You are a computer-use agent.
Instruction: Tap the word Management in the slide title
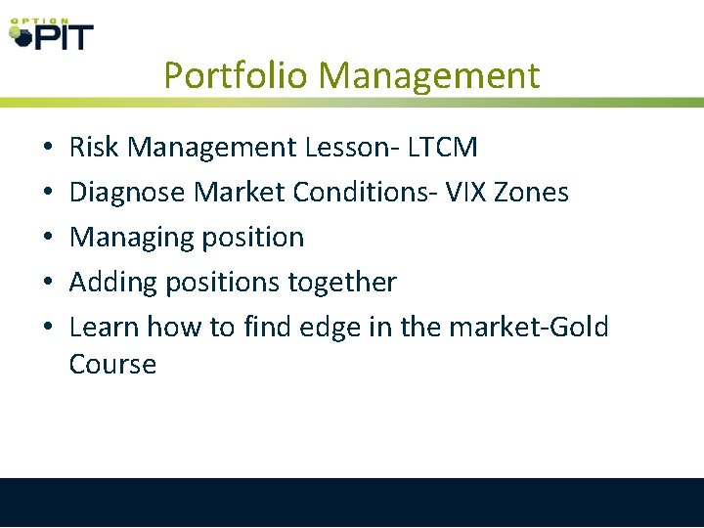[429, 75]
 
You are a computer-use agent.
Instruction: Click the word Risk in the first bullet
[94, 148]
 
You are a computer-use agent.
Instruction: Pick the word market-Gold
[528, 328]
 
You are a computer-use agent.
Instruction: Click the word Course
[112, 365]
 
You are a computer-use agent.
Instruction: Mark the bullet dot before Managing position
[48, 239]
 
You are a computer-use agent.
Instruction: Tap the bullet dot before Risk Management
[48, 149]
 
